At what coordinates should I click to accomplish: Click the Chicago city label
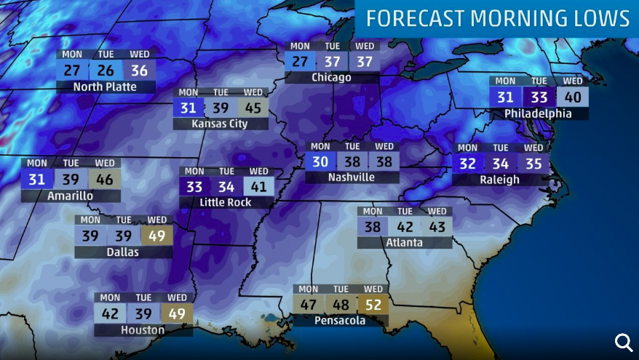(331, 77)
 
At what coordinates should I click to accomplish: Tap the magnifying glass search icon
(624, 342)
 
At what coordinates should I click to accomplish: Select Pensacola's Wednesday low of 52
(373, 305)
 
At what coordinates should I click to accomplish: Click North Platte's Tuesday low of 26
(106, 71)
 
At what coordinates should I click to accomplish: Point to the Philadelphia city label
(538, 113)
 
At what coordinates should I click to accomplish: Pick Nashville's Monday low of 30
(321, 161)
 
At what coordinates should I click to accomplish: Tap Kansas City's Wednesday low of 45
(253, 108)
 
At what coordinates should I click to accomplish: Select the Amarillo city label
(70, 196)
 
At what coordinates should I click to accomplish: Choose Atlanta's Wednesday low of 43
(436, 227)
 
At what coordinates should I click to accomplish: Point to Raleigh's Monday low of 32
(468, 164)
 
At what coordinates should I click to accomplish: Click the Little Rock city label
(225, 202)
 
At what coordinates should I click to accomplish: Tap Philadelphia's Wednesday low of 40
(573, 97)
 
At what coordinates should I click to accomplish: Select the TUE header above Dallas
(124, 220)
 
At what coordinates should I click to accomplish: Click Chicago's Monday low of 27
(300, 61)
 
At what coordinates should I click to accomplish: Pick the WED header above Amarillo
(105, 163)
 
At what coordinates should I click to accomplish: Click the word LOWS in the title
(601, 18)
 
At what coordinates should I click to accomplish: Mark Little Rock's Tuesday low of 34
(226, 187)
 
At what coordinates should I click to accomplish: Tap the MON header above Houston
(110, 297)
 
